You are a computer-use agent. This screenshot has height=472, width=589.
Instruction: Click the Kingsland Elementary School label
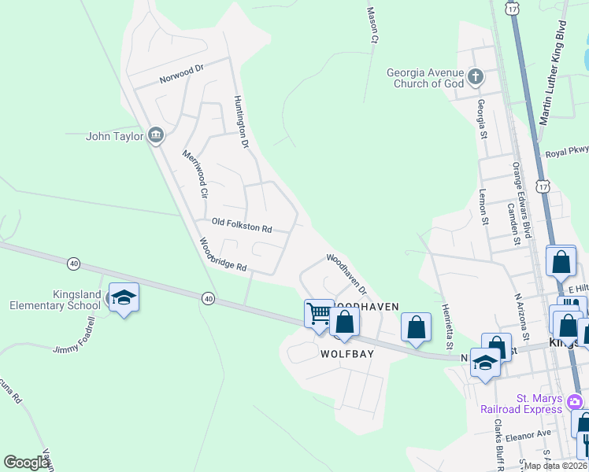[x=55, y=300]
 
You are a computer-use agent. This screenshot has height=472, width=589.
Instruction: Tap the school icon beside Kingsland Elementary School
[x=124, y=297]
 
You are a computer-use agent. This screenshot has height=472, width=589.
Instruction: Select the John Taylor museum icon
[x=156, y=135]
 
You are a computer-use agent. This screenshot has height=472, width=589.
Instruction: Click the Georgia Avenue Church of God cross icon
[x=475, y=77]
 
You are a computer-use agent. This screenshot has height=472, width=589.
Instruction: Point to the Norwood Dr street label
[x=181, y=74]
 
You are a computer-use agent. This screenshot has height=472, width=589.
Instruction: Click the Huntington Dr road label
[x=241, y=123]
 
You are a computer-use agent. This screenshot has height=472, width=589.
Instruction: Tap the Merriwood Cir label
[x=194, y=173]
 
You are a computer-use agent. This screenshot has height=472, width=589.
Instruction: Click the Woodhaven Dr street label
[x=347, y=273]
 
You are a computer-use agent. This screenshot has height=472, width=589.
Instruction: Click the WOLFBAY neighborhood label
[x=346, y=354]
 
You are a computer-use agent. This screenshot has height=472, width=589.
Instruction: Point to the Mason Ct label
[x=373, y=24]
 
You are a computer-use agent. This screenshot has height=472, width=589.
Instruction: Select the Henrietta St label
[x=446, y=326]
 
